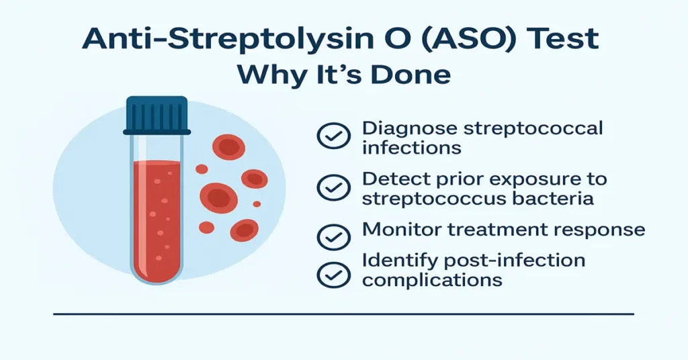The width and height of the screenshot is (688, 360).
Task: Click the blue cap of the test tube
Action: (x=157, y=116)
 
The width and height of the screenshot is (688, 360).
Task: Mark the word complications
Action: (x=432, y=279)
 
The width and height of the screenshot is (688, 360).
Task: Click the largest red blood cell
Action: (x=219, y=197)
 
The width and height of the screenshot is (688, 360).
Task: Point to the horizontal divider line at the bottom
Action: (x=343, y=314)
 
